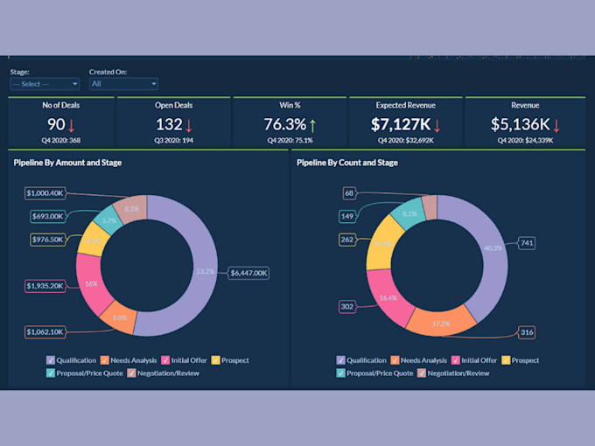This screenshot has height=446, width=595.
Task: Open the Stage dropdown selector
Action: [45, 84]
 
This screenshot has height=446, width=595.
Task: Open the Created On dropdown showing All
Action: [123, 84]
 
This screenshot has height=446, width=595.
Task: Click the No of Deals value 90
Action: [56, 125]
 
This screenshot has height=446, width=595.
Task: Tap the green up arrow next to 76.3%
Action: [312, 126]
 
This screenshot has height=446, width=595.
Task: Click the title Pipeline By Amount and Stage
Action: [66, 163]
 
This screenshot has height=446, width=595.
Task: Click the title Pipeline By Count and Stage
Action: [347, 163]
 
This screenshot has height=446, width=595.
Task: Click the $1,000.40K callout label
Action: [45, 192]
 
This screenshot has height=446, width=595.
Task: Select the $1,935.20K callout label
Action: [45, 285]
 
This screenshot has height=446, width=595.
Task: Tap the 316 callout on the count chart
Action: [527, 331]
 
